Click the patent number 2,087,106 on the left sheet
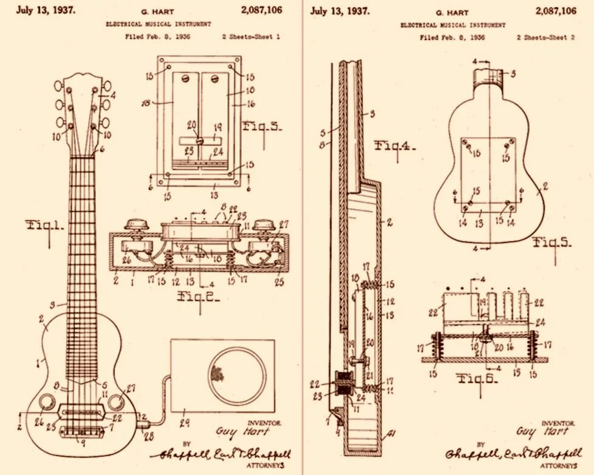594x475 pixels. pyautogui.click(x=261, y=10)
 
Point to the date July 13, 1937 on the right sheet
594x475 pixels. pyautogui.click(x=340, y=11)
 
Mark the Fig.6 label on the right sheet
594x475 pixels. pyautogui.click(x=477, y=380)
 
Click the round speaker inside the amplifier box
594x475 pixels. pyautogui.click(x=237, y=376)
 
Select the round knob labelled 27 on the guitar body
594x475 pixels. pyautogui.click(x=116, y=401)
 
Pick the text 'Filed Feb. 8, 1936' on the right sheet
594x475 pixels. pyautogui.click(x=452, y=38)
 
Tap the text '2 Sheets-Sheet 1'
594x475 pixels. pyautogui.click(x=251, y=37)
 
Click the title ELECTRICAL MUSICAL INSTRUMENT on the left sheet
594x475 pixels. pyautogui.click(x=159, y=24)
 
